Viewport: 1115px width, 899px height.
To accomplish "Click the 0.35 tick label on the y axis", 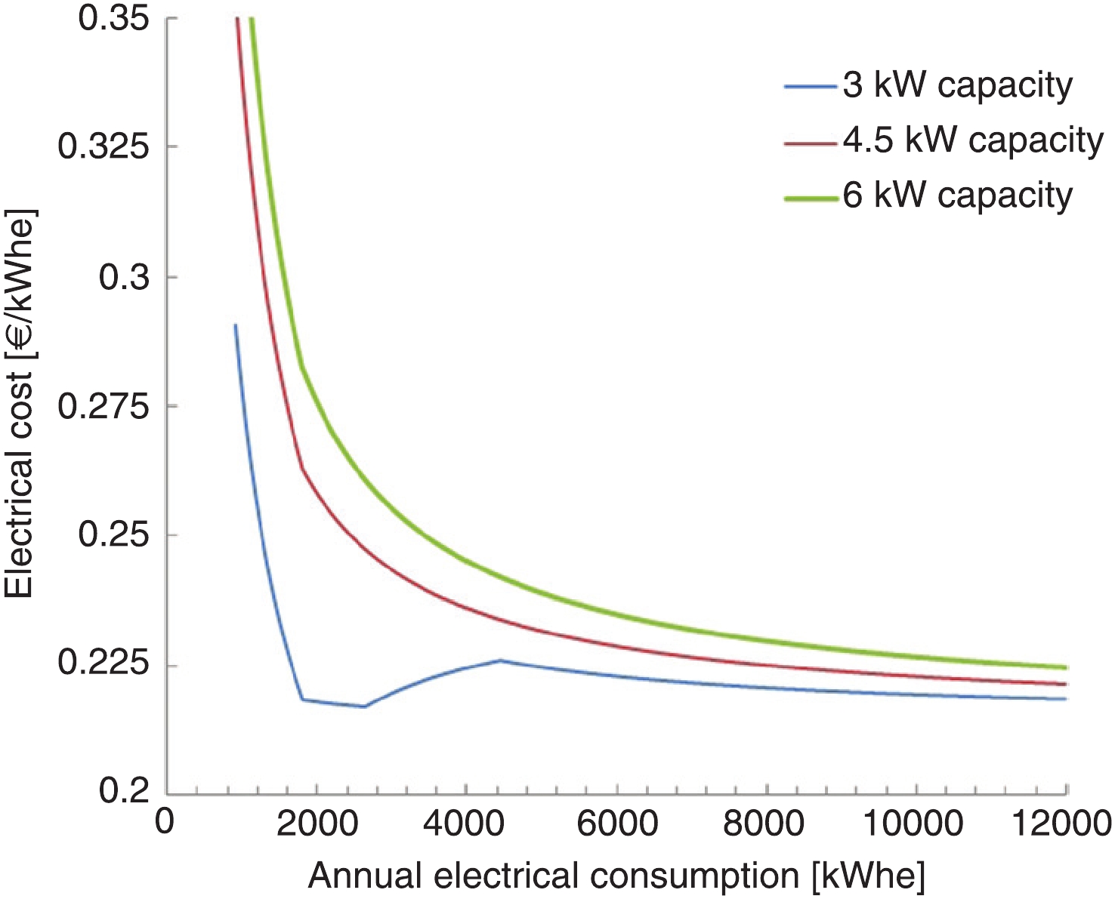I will [x=113, y=18].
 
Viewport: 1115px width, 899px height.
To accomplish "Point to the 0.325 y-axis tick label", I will [x=103, y=146].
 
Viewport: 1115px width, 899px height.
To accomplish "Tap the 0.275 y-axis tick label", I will [x=103, y=406].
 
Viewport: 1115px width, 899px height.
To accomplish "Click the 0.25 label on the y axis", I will [x=113, y=535].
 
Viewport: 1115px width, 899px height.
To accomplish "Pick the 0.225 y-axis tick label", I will [x=103, y=665].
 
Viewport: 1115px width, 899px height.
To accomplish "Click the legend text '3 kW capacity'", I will [x=957, y=86].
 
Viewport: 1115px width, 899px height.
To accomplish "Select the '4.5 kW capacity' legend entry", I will [x=973, y=141].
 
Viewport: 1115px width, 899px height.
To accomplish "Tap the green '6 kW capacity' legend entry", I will [x=957, y=196].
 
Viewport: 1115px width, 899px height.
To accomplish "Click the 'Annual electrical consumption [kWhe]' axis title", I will [x=616, y=876].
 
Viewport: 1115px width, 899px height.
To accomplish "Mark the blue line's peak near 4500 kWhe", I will [x=500, y=660].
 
